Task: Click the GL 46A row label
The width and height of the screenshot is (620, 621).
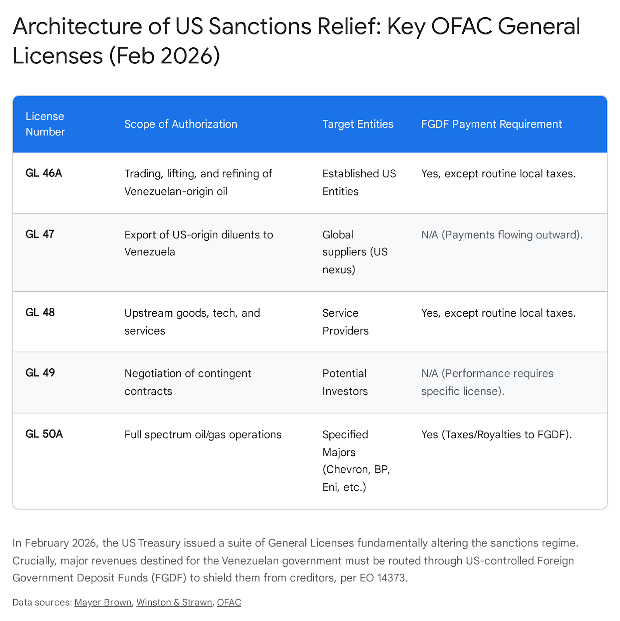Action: click(44, 173)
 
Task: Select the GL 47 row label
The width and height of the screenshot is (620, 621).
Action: click(40, 234)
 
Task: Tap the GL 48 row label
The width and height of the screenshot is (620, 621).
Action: click(40, 312)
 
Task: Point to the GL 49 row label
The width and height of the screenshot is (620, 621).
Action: click(40, 373)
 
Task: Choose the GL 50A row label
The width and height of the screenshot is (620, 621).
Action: click(44, 434)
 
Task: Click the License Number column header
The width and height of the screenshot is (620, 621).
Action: click(45, 124)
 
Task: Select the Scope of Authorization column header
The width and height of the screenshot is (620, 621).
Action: click(181, 124)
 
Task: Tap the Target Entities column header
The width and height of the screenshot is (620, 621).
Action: click(358, 124)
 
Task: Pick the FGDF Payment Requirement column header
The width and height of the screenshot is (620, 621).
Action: click(491, 124)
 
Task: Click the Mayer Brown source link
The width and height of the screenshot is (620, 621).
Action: click(103, 602)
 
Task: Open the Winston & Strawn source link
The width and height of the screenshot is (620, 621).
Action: click(174, 602)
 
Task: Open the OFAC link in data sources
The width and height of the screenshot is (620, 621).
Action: click(229, 602)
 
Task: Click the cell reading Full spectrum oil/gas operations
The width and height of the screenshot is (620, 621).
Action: click(203, 434)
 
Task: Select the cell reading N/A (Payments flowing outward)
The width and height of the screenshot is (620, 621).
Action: click(502, 234)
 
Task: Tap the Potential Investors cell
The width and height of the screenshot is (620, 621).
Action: click(345, 382)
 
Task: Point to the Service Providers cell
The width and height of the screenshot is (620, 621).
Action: click(345, 321)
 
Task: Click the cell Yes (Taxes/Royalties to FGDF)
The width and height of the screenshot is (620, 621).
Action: click(496, 434)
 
